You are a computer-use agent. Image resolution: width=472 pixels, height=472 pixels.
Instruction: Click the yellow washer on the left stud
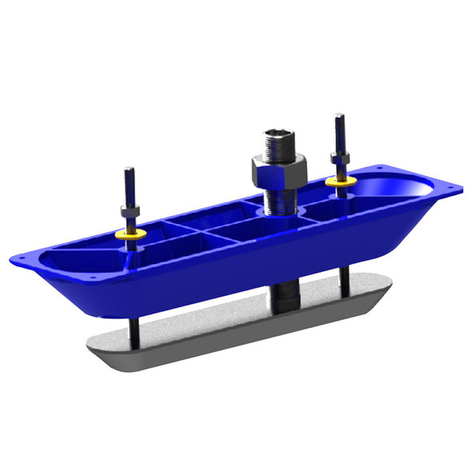pos(129,234)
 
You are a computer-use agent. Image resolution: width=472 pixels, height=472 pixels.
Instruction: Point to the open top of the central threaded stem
pos(276,130)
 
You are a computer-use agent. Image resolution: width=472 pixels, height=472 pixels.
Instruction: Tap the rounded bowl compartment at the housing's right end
pos(404,188)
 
